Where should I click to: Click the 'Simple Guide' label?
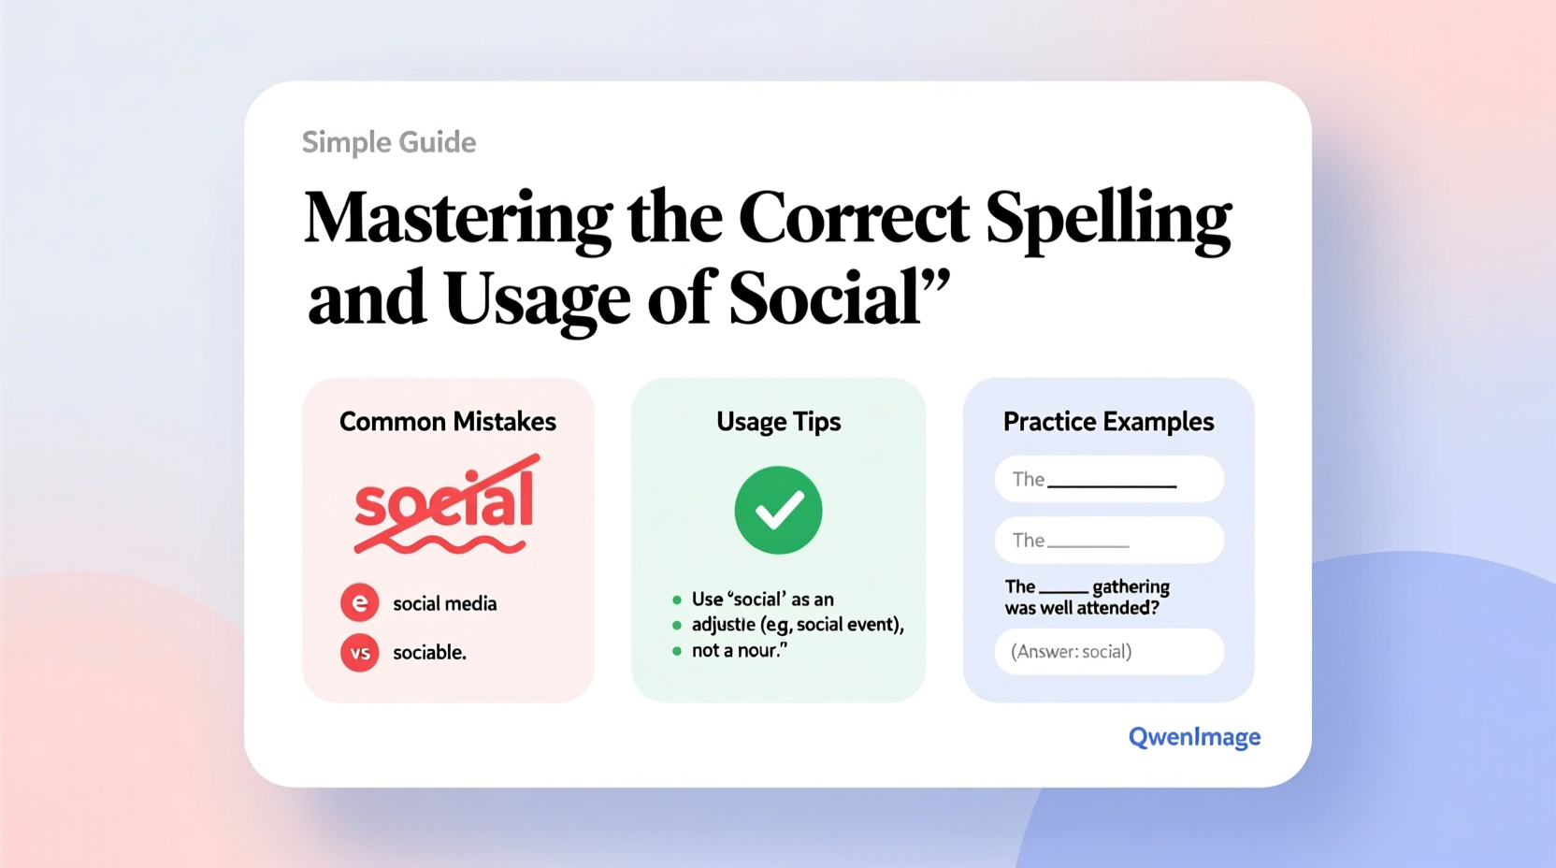389,142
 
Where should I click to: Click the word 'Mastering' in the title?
457,218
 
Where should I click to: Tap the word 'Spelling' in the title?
1108,218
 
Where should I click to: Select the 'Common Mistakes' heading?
447,422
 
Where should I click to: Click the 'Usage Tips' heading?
778,422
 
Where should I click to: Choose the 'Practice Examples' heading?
1108,422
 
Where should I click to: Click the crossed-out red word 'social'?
444,502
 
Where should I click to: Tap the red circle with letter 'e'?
360,603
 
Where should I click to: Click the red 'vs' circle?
360,653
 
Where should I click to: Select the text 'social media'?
444,604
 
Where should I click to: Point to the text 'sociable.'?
429,653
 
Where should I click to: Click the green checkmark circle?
778,510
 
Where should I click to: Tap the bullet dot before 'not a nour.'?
677,651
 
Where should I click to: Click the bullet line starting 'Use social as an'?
762,600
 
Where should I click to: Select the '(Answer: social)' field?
1109,652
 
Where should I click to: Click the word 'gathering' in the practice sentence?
1131,587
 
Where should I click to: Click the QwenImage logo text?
1194,737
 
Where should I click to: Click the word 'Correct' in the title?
853,218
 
